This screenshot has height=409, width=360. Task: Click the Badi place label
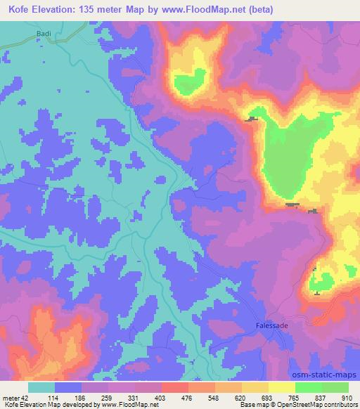(x=44, y=32)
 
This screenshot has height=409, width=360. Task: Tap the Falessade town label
(x=271, y=326)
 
